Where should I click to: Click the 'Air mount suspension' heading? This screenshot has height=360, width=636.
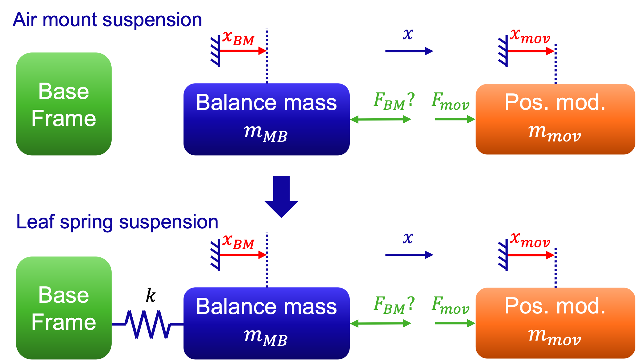(107, 20)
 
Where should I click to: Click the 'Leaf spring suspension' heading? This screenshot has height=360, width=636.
(117, 222)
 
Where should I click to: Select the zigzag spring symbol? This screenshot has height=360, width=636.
(147, 324)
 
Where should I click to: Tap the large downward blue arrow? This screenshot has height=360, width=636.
(281, 196)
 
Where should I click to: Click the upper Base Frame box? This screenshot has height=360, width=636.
(64, 104)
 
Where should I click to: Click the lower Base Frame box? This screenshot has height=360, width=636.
(64, 308)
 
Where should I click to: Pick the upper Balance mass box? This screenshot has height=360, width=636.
(266, 119)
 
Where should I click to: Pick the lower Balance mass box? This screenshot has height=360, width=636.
(266, 323)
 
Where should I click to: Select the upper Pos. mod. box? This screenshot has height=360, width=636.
(555, 119)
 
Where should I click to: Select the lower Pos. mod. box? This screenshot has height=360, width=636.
(555, 323)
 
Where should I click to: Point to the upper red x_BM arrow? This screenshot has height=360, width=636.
(243, 51)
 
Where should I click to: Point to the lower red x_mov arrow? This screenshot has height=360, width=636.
(531, 255)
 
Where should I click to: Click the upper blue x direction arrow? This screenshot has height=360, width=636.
(409, 51)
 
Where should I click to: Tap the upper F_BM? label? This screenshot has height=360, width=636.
(394, 101)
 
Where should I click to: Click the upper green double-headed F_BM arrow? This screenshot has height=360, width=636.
(381, 119)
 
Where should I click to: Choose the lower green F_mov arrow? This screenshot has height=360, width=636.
(455, 323)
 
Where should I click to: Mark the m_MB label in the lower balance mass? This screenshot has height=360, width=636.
(266, 338)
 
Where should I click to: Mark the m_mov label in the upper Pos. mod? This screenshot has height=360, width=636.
(555, 133)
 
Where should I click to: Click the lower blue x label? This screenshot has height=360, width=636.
(408, 238)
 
